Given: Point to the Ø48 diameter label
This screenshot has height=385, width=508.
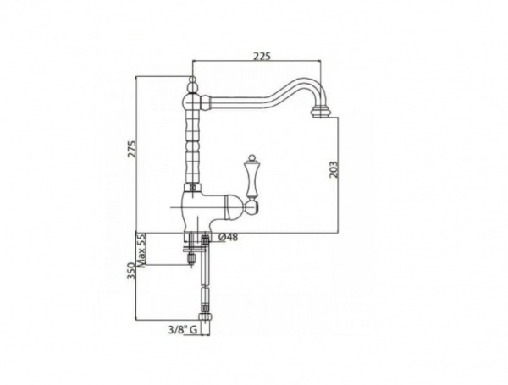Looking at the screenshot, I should tap(227, 237).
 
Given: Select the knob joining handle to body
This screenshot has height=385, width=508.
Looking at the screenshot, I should tap(251, 203).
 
